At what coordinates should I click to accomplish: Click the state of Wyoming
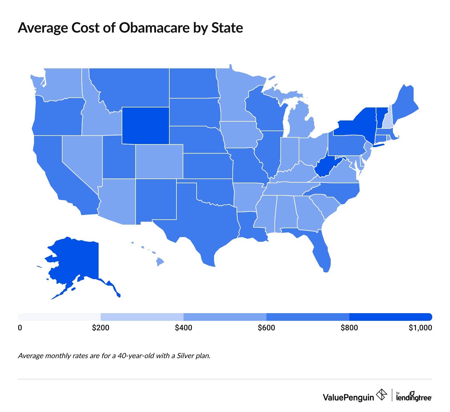[x=145, y=125]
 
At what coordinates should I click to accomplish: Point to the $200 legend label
[x=101, y=328]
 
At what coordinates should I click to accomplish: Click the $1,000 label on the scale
[x=420, y=328]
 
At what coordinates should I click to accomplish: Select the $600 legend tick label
[x=266, y=328]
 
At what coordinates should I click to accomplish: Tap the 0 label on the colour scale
[x=20, y=328]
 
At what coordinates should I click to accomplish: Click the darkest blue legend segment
[x=391, y=317]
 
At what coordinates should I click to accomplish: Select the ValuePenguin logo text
[x=348, y=397]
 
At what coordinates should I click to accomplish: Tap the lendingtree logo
[x=414, y=397]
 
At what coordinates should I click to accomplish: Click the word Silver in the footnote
[x=185, y=355]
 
